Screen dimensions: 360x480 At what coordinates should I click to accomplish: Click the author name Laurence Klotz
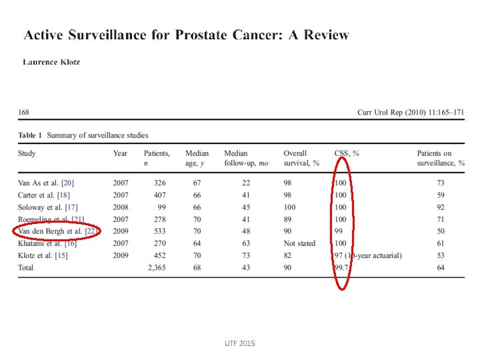tap(51, 62)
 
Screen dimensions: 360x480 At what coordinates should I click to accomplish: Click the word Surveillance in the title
tap(117, 35)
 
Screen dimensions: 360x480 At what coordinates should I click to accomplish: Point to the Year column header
tap(120, 153)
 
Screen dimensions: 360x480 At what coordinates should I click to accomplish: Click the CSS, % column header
tap(346, 153)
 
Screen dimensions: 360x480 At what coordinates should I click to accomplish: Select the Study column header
tap(27, 153)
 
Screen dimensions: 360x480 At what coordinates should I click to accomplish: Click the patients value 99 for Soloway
tap(160, 207)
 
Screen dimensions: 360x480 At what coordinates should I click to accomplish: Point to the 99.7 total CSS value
tap(343, 268)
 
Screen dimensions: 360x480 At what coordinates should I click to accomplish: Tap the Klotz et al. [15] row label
tap(47, 255)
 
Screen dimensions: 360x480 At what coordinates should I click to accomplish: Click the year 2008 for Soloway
tap(121, 207)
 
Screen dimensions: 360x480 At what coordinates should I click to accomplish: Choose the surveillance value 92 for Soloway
tap(441, 207)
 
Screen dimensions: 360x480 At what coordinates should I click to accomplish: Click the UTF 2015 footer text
tap(239, 343)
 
